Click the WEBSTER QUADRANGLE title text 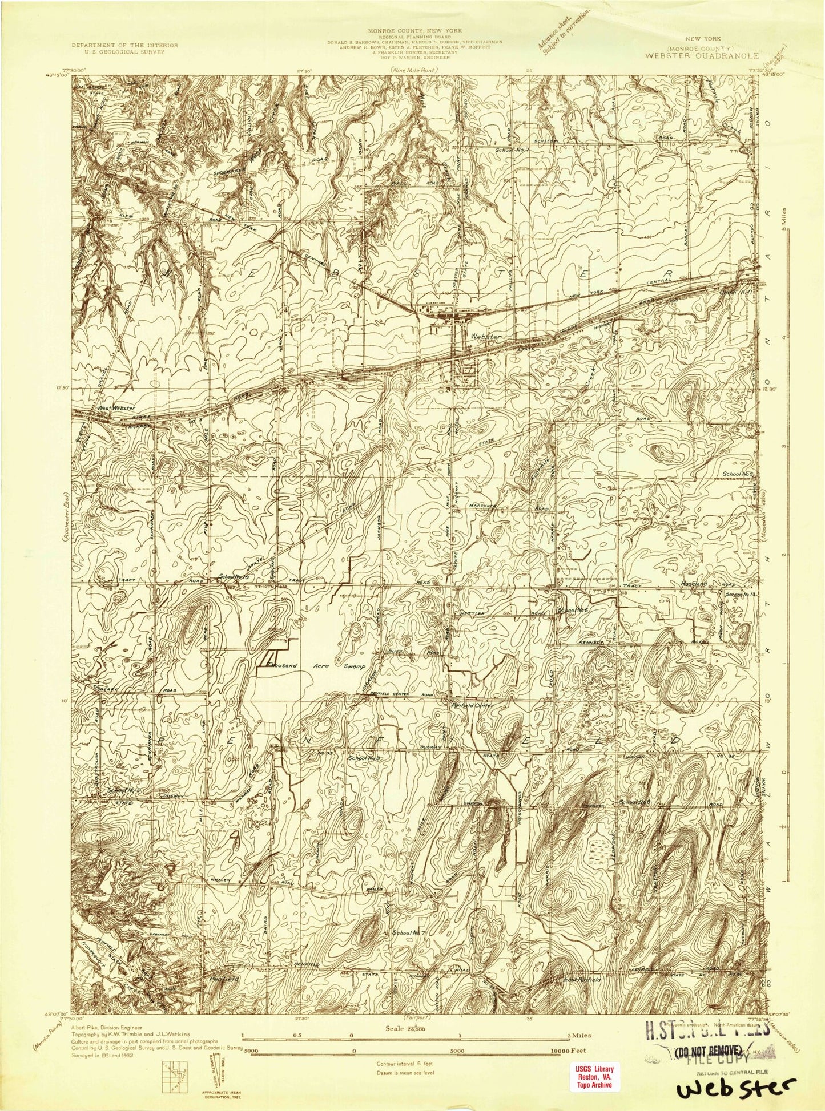point(701,56)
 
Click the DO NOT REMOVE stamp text point(709,1049)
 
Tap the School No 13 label point(742,595)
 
